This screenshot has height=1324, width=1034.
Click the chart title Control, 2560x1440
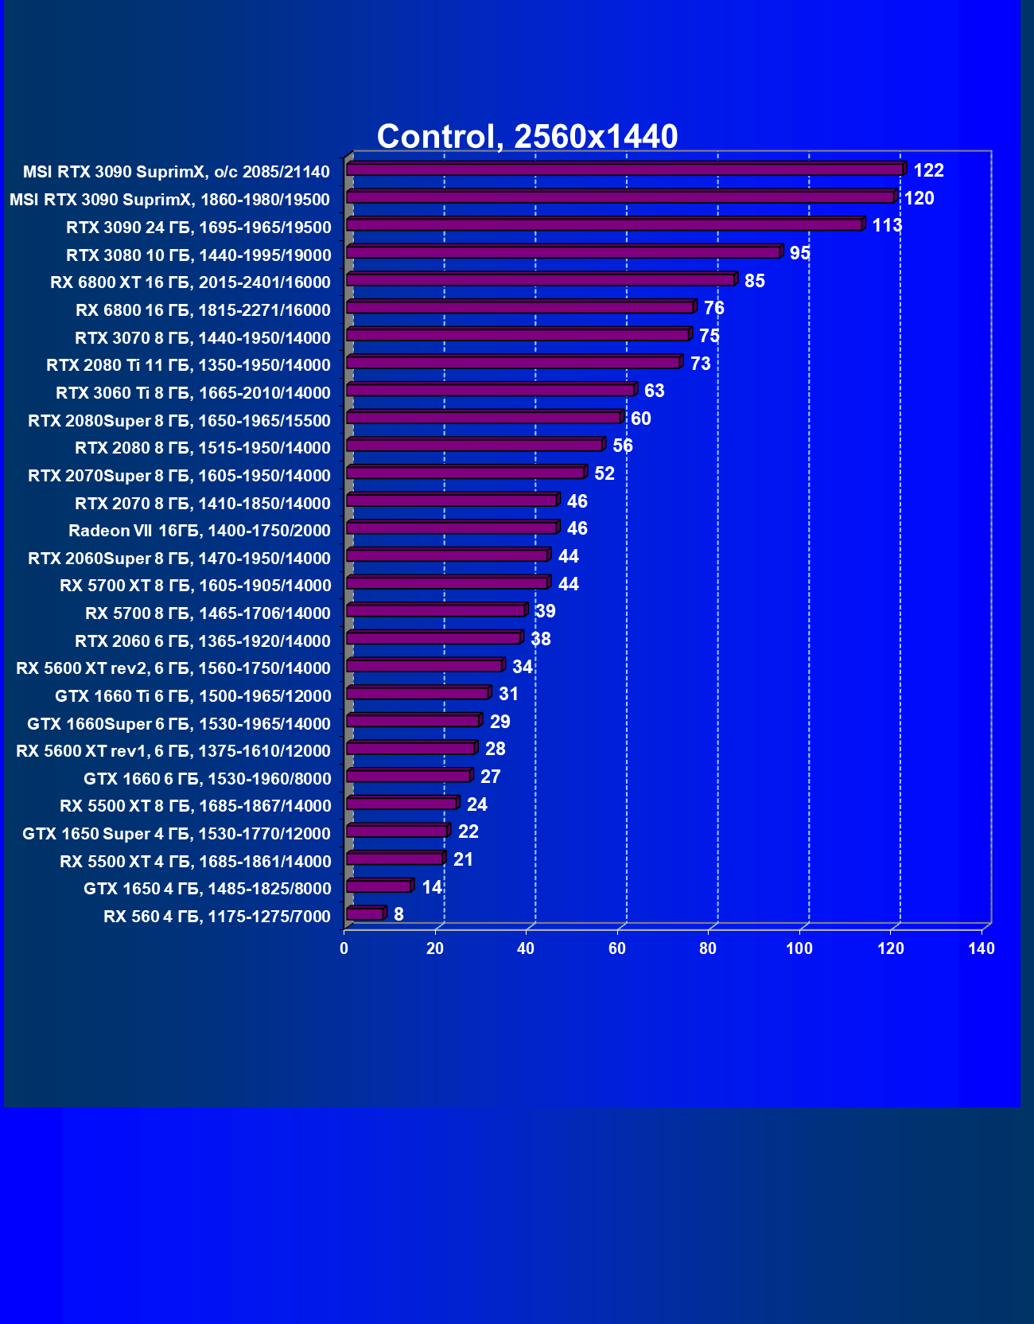(527, 136)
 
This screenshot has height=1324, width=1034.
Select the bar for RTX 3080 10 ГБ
(563, 253)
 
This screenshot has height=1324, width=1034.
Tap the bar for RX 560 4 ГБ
(365, 914)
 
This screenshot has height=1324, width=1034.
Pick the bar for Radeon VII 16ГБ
(452, 528)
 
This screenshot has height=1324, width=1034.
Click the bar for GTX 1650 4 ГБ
(379, 886)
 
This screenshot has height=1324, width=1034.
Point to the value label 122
(928, 170)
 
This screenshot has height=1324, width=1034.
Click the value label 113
(887, 225)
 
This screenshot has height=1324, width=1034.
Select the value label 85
(754, 281)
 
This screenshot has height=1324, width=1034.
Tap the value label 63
(654, 391)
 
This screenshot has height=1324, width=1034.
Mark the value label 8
(398, 914)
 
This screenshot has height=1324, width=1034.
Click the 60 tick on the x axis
(617, 948)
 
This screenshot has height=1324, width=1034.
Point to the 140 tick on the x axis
(982, 948)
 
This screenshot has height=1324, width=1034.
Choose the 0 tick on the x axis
(344, 948)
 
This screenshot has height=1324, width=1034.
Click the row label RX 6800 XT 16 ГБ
(190, 282)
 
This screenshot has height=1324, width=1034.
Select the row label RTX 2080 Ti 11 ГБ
(189, 365)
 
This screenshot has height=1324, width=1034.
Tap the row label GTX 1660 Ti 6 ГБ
(193, 696)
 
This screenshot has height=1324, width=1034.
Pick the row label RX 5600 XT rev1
(173, 751)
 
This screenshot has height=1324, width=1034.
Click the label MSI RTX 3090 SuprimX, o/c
(176, 172)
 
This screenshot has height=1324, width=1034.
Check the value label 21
(463, 859)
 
